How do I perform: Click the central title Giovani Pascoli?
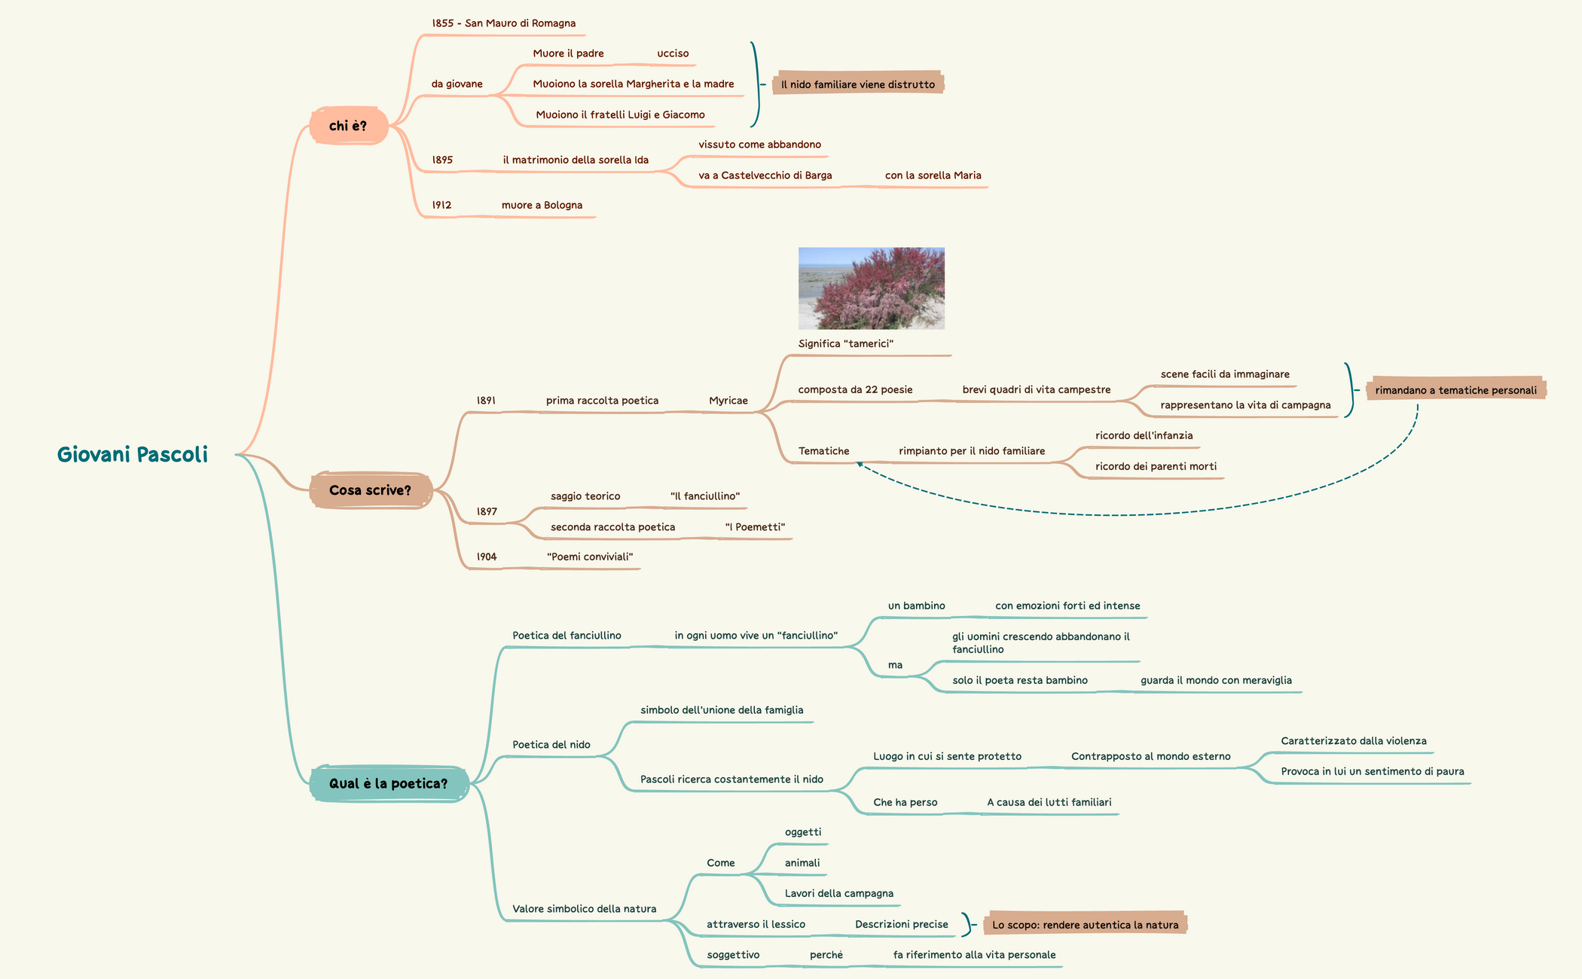133,455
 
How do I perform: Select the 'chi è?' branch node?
348,126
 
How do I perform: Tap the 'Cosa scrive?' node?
370,490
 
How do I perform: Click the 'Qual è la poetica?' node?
388,784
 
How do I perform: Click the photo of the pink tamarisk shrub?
871,288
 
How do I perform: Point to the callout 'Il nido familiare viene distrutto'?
857,84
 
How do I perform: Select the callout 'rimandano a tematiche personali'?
1455,390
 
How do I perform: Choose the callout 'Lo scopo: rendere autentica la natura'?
1084,925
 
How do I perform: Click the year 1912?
441,205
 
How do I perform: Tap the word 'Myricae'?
728,401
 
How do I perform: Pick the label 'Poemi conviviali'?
590,557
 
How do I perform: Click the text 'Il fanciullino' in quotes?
704,496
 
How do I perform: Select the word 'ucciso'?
673,53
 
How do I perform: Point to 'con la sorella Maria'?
933,175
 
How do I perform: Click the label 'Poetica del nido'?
551,745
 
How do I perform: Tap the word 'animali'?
802,863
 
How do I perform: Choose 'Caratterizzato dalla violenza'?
1353,741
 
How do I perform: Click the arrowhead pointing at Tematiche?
860,465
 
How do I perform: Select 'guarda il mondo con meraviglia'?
1215,681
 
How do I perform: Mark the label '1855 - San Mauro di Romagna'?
503,23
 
